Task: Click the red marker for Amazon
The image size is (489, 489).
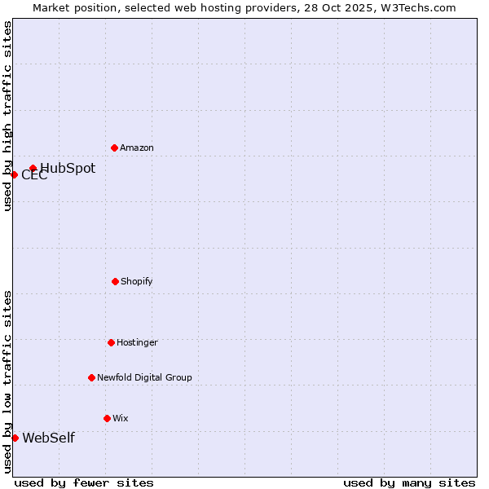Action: tap(114, 148)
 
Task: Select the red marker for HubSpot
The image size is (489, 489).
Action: tap(33, 169)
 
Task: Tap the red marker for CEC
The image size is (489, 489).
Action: tap(14, 174)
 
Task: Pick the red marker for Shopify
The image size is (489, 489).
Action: tap(115, 281)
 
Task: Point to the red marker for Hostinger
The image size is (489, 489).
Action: tap(111, 342)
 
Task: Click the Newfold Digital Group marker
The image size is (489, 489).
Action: tap(91, 377)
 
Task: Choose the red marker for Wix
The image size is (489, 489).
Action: tap(107, 418)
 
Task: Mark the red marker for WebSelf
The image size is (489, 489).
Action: tap(15, 438)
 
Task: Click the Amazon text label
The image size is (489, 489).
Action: tap(137, 148)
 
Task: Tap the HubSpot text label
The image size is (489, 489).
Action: tap(68, 169)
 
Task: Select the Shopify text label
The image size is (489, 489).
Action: tap(137, 281)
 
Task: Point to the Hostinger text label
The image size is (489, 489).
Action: tap(137, 342)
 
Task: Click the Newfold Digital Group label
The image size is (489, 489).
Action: tap(144, 377)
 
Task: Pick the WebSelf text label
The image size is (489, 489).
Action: tap(48, 438)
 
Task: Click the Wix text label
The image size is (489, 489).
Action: tap(121, 418)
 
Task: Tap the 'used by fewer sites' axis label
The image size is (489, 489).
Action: tap(84, 482)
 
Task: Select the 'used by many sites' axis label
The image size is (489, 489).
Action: tap(409, 482)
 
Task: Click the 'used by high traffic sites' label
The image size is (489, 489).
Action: tap(7, 116)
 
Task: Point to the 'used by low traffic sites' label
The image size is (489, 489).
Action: tap(7, 381)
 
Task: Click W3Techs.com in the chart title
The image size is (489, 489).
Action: tap(421, 7)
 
